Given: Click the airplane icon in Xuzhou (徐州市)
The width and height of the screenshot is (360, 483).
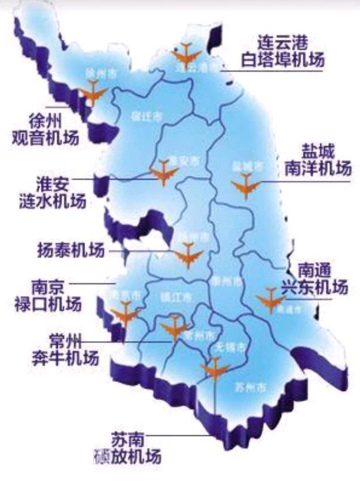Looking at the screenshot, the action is (x=93, y=92).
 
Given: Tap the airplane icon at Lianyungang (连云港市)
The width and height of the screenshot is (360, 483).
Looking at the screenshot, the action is (x=187, y=55).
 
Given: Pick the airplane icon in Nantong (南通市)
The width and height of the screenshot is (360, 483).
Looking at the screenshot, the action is (x=270, y=300).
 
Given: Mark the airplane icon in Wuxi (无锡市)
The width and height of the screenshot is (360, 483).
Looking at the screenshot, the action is (x=215, y=369).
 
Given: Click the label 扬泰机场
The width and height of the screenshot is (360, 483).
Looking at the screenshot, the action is (x=71, y=251).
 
